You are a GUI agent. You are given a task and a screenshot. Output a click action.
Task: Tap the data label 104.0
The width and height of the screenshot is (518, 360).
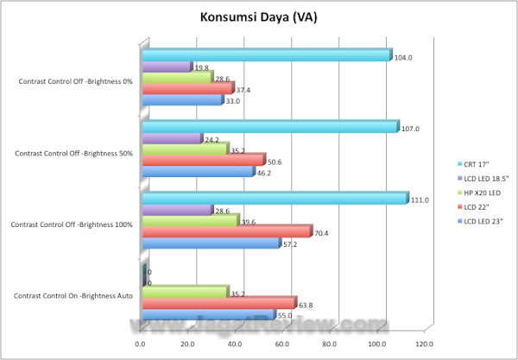(x=403, y=58)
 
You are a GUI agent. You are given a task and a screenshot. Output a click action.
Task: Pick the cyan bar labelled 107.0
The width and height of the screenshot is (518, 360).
(x=268, y=127)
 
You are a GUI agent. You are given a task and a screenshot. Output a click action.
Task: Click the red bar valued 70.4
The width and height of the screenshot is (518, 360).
(x=226, y=231)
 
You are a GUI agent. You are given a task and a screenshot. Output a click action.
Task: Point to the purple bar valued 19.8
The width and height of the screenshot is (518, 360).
(x=166, y=66)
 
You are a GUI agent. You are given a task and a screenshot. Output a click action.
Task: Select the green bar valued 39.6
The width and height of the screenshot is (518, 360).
(x=190, y=220)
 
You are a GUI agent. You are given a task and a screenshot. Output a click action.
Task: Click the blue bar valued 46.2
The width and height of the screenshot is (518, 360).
(x=198, y=172)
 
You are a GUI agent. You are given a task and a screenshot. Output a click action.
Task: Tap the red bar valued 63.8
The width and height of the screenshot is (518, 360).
(x=218, y=303)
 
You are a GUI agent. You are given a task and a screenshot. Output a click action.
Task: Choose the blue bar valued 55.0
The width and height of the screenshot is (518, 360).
(x=208, y=315)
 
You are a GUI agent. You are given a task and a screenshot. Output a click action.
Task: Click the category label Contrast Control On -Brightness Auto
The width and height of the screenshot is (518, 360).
(x=73, y=296)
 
